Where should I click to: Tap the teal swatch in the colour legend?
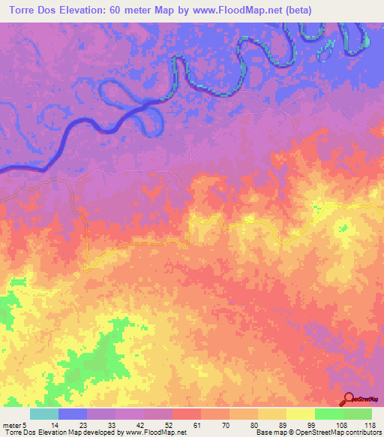[x=44, y=414]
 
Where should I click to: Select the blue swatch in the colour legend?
[x=73, y=414]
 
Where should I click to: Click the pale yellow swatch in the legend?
[x=301, y=414]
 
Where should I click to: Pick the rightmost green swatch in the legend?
[x=358, y=414]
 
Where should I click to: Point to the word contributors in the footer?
[x=361, y=433]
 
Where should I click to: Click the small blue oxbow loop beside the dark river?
[x=151, y=116]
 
